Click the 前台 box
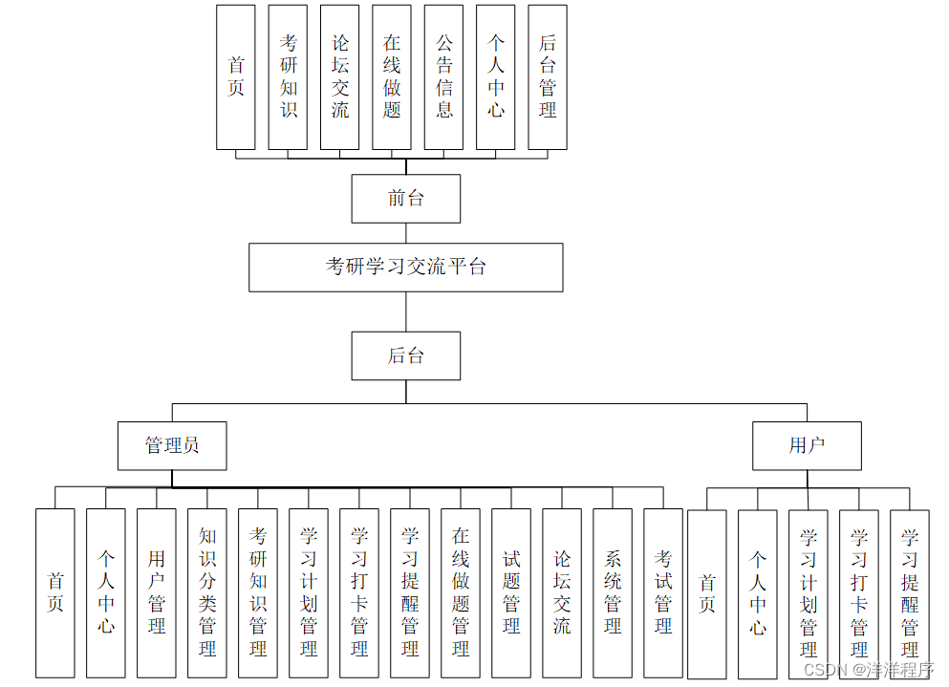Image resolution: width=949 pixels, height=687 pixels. [x=405, y=199]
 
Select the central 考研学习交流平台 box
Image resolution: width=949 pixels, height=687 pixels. [x=405, y=267]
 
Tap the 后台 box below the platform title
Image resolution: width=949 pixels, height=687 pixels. [x=405, y=355]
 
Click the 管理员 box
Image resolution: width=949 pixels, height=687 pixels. [x=172, y=445]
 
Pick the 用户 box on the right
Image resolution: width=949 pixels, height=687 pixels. [x=807, y=445]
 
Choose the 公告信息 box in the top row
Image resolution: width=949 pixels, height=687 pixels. [x=443, y=76]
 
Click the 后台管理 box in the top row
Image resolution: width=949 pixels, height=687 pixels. [x=547, y=76]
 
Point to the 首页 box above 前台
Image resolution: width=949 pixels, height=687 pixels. [x=236, y=76]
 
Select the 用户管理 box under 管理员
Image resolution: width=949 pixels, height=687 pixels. [x=156, y=592]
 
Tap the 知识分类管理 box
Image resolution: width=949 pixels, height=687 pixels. [x=207, y=592]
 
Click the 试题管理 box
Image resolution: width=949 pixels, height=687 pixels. [x=511, y=592]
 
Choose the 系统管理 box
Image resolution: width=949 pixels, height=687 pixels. [x=613, y=592]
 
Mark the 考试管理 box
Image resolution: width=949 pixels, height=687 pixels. [x=663, y=592]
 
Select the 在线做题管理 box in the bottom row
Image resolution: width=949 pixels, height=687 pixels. [x=461, y=592]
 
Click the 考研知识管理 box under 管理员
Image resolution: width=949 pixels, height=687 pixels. [x=258, y=592]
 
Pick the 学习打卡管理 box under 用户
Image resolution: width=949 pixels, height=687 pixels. [x=858, y=592]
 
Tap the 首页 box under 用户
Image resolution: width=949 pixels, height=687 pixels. [x=706, y=592]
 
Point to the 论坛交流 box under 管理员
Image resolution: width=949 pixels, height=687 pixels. [x=562, y=592]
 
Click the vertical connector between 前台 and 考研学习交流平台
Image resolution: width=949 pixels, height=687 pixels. [x=405, y=233]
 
